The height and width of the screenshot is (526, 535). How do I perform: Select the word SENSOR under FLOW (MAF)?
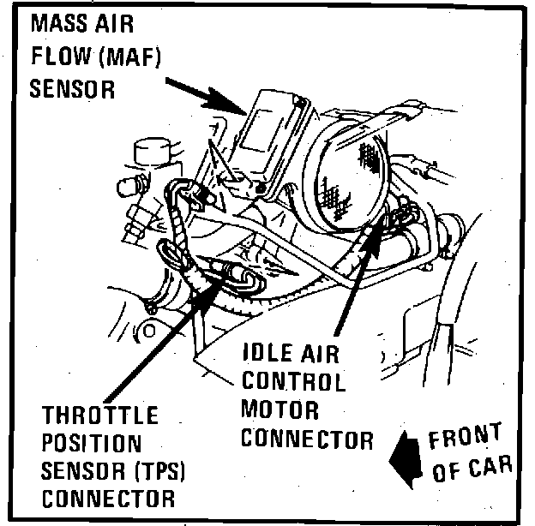click(x=73, y=89)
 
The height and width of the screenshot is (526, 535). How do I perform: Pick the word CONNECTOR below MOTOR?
click(x=306, y=439)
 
